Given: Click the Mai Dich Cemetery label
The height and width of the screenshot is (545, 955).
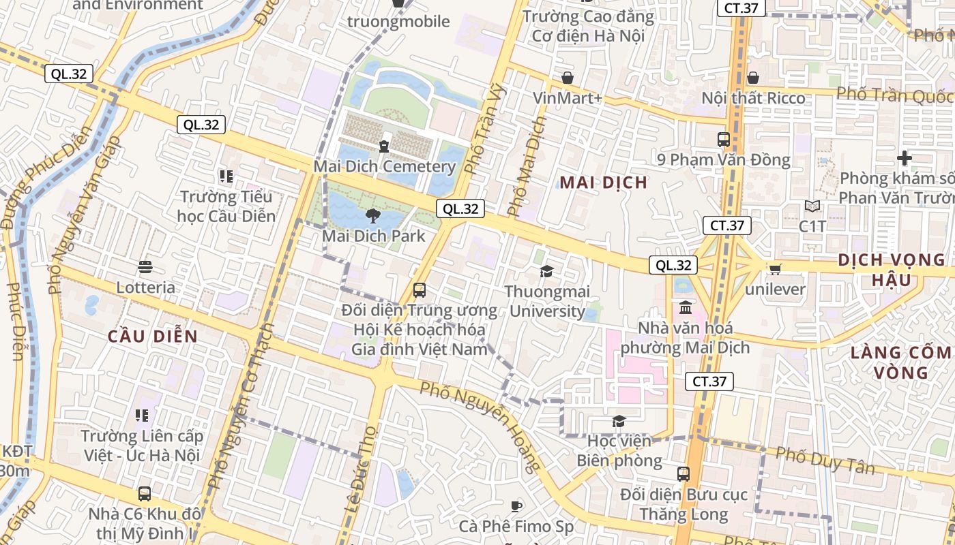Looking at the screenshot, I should [384, 166].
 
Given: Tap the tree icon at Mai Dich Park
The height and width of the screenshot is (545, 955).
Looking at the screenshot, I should [372, 217].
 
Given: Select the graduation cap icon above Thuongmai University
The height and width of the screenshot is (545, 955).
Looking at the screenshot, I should [546, 272].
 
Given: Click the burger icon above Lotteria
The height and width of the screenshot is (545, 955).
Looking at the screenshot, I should [145, 267].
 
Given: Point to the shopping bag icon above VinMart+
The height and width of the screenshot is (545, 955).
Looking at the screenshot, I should [567, 78].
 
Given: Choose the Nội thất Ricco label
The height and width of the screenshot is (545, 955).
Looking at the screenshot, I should [753, 98].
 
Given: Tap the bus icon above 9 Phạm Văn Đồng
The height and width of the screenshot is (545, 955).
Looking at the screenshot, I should [723, 140].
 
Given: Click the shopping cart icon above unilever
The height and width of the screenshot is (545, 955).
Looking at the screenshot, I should [775, 269].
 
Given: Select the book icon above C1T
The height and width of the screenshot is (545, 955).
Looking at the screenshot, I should [812, 206].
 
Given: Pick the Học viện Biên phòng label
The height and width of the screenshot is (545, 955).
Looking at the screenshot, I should [619, 451].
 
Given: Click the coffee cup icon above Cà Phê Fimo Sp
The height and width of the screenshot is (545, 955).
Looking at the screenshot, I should [516, 506].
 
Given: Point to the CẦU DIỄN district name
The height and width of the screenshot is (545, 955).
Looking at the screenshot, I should [153, 337].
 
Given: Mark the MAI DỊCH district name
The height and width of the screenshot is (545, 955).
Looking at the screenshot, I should [603, 183].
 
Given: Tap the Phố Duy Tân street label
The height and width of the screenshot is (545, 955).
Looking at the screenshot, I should [825, 460].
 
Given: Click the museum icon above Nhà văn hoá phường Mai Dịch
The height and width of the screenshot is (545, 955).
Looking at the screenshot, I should [686, 308].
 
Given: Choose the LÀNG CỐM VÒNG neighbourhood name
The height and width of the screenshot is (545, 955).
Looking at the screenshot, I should [900, 362].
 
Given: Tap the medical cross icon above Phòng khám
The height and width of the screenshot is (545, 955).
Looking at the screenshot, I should [904, 159].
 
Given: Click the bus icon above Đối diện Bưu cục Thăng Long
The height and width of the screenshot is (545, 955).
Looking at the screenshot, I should [684, 474].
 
